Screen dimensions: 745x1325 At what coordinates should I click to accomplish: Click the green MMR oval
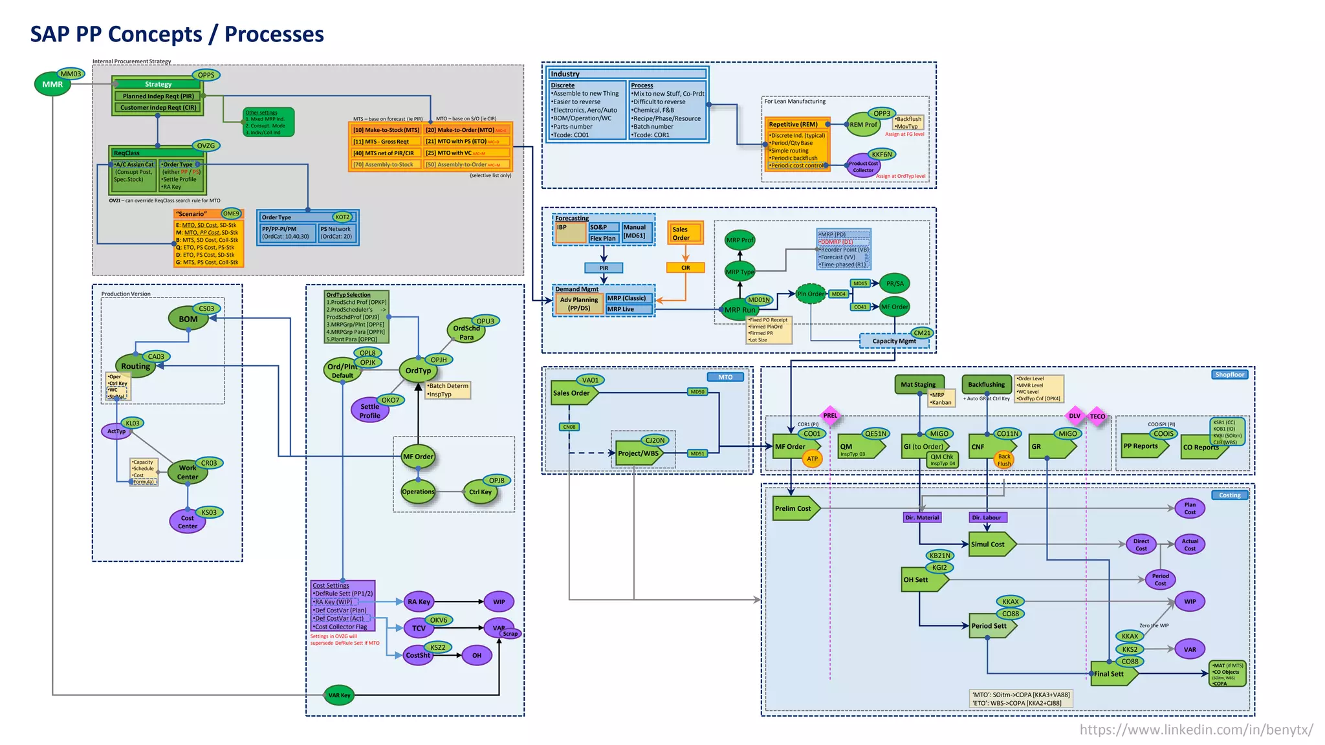click(52, 85)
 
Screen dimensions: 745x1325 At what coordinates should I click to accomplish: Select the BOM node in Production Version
click(188, 319)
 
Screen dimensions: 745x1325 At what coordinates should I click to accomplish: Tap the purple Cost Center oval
click(188, 522)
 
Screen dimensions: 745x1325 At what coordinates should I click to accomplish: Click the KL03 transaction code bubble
click(133, 423)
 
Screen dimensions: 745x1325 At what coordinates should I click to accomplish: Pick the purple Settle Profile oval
click(369, 411)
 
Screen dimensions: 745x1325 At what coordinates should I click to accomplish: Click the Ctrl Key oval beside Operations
click(480, 492)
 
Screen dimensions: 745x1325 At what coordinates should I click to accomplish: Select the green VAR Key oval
click(339, 695)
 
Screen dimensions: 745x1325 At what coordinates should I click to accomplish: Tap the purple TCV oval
click(419, 628)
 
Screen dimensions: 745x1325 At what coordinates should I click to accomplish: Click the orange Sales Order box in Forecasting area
click(685, 233)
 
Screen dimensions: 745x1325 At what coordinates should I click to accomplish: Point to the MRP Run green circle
click(739, 310)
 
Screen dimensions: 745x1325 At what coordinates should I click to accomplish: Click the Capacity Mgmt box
click(893, 341)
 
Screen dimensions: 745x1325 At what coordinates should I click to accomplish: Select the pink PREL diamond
click(830, 416)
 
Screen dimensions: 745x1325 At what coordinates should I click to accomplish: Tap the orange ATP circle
click(812, 459)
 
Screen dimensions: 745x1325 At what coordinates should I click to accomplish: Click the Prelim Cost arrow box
click(794, 508)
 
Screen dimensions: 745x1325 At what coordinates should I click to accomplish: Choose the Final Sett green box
click(1111, 674)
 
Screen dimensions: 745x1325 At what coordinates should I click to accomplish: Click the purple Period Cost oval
click(1160, 579)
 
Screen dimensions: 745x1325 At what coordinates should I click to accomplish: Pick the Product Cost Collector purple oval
click(863, 167)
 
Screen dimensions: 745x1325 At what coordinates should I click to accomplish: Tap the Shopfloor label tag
click(1229, 374)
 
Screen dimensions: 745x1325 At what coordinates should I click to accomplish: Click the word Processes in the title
click(274, 34)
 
